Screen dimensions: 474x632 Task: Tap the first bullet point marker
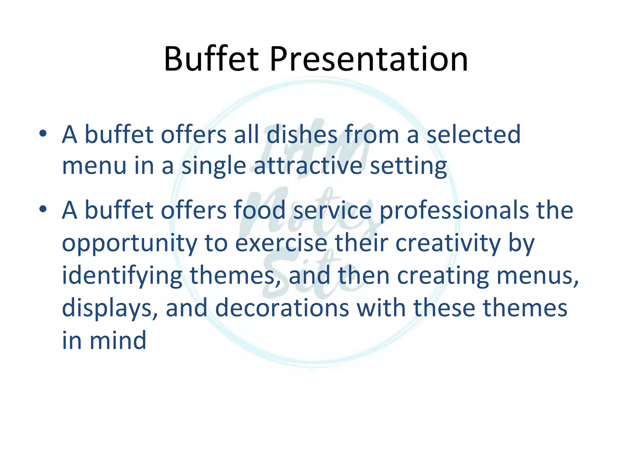pyautogui.click(x=43, y=134)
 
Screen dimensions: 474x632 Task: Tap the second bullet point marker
pyautogui.click(x=43, y=209)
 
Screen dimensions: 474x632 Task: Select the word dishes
pyautogui.click(x=302, y=135)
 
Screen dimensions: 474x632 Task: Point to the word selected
pyautogui.click(x=473, y=135)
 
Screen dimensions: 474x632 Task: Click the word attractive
pyautogui.click(x=308, y=166)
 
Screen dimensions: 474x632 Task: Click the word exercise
pyautogui.click(x=281, y=243)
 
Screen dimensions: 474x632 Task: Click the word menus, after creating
pyautogui.click(x=537, y=276)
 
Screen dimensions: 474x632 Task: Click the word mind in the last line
pyautogui.click(x=118, y=340)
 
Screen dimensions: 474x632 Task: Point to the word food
pyautogui.click(x=259, y=210)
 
